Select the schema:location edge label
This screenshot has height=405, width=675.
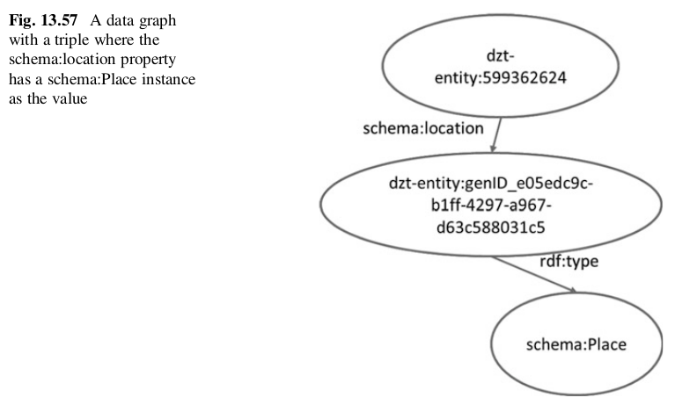(x=423, y=128)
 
